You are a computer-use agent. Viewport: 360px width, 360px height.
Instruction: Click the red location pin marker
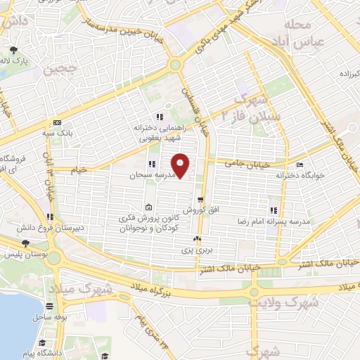pyautogui.click(x=181, y=165)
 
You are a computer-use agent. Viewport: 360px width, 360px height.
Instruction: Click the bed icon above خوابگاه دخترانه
pyautogui.click(x=300, y=166)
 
